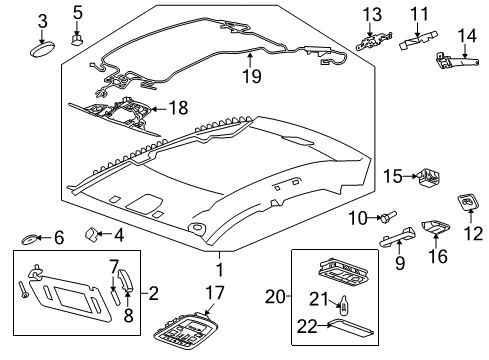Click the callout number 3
click(42, 21)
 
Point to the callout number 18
click(180, 107)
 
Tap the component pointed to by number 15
click(431, 178)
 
